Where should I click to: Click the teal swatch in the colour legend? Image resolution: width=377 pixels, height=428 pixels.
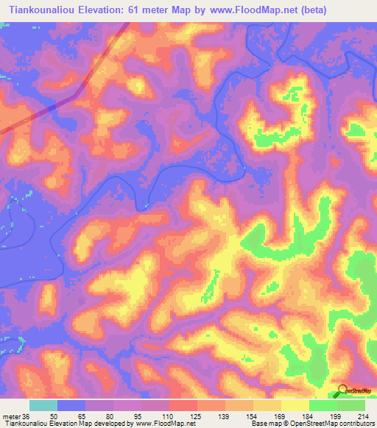coord(43,405)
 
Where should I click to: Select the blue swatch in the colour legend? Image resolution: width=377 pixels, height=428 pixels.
coord(71,405)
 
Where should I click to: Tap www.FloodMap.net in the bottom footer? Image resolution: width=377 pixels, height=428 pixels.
coord(158,424)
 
